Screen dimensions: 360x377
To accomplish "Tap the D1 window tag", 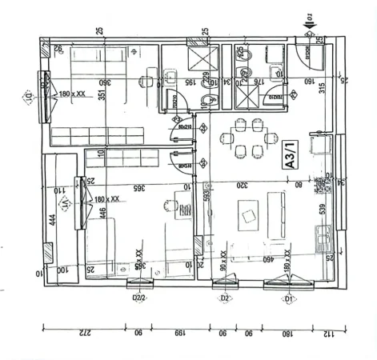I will [289, 298].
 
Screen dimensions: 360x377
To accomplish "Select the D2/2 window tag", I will [138, 298].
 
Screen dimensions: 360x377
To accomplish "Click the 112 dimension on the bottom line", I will [330, 333].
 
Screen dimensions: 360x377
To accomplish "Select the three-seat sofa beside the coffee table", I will [280, 211].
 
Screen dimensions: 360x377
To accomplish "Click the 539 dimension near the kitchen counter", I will [323, 210].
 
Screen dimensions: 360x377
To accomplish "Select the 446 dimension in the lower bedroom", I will [102, 212].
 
